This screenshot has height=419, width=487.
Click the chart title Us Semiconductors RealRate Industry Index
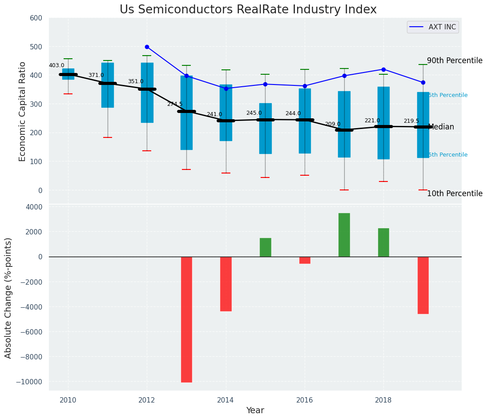coord(248,10)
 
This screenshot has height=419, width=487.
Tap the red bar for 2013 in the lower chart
coord(186,319)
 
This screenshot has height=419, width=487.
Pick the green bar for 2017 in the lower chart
coord(344,235)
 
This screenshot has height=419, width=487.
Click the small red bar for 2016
coord(305,260)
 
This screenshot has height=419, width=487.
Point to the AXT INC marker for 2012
coord(147,47)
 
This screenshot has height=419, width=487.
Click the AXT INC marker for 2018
coord(383,69)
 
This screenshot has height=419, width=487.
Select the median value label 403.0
coord(56,65)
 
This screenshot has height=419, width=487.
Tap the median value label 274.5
coord(175,104)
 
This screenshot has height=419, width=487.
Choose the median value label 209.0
coord(333,124)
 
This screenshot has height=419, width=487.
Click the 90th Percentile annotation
coord(455,60)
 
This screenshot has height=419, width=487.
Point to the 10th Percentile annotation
coord(455,193)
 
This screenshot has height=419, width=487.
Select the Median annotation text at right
coord(441,127)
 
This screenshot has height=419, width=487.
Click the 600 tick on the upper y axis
coord(36,18)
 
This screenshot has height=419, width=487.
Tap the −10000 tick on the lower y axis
coord(29,382)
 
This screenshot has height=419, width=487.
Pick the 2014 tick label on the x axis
coord(225,400)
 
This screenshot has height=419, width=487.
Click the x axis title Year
coord(255,411)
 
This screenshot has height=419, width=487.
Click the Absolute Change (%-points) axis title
coord(8,298)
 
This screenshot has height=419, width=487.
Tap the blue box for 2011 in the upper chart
coord(108,85)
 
